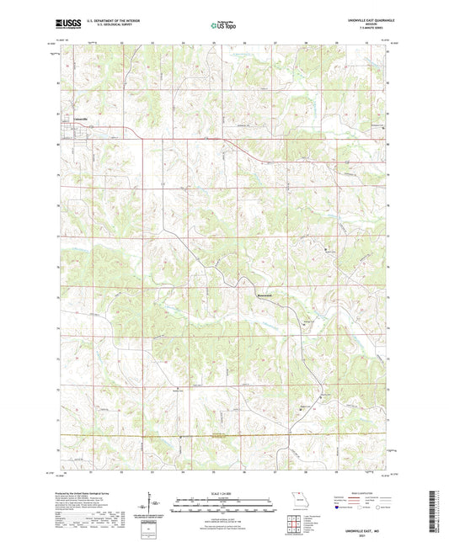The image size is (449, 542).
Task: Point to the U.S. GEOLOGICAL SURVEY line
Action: tap(104, 28)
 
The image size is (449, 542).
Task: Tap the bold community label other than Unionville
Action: tap(265, 295)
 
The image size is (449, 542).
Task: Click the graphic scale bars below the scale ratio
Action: tap(223, 505)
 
